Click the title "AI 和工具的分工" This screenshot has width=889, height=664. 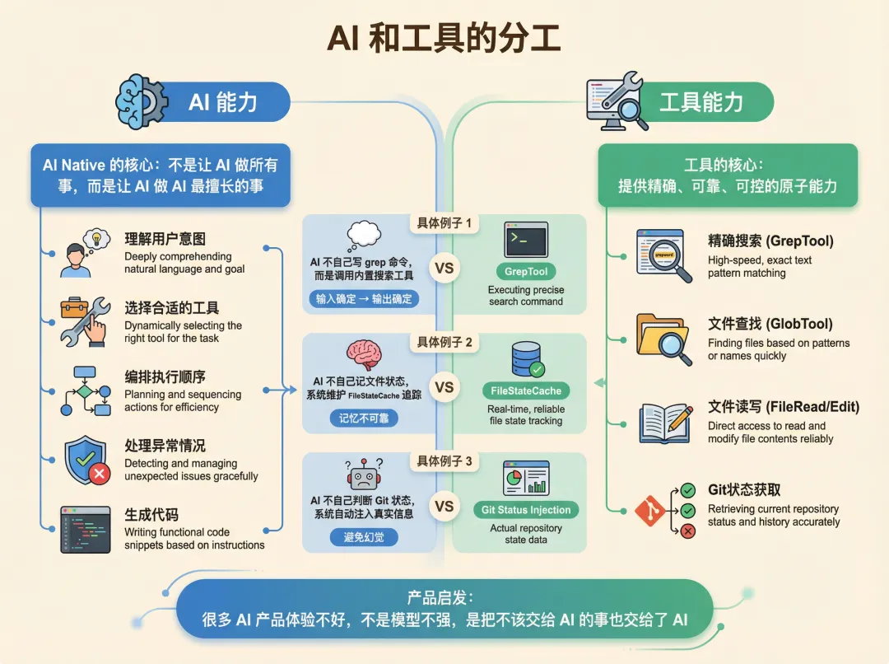(x=444, y=39)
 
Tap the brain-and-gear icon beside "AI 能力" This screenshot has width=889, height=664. (x=142, y=101)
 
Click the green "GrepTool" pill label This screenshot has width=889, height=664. (x=526, y=271)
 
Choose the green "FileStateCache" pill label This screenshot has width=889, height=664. (x=526, y=390)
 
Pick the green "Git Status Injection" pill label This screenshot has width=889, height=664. (x=527, y=510)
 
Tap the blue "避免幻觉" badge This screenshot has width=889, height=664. (x=358, y=537)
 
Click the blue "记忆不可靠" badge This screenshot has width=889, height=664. (x=358, y=418)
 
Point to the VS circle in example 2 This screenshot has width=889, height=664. (x=444, y=387)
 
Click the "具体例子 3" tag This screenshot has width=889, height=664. (x=444, y=461)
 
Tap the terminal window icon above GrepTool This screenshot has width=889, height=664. (x=526, y=240)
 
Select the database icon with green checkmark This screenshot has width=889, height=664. (x=527, y=359)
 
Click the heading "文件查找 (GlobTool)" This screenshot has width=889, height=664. (x=770, y=324)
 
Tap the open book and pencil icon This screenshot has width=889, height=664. (x=665, y=420)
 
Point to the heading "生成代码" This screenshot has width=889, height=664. (x=151, y=515)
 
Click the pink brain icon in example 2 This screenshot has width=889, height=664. (x=364, y=354)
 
